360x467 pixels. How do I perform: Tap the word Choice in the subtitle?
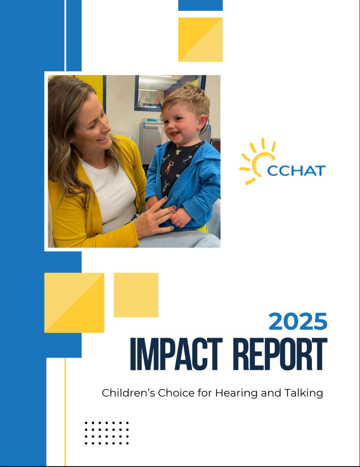tap(173, 393)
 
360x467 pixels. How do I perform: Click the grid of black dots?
tap(107, 433)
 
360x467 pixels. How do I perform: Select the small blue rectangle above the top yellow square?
tap(200, 5)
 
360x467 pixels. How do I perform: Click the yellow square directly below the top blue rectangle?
tap(200, 40)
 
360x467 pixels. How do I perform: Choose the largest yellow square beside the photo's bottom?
tap(74, 303)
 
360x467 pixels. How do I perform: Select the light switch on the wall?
tap(119, 97)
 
